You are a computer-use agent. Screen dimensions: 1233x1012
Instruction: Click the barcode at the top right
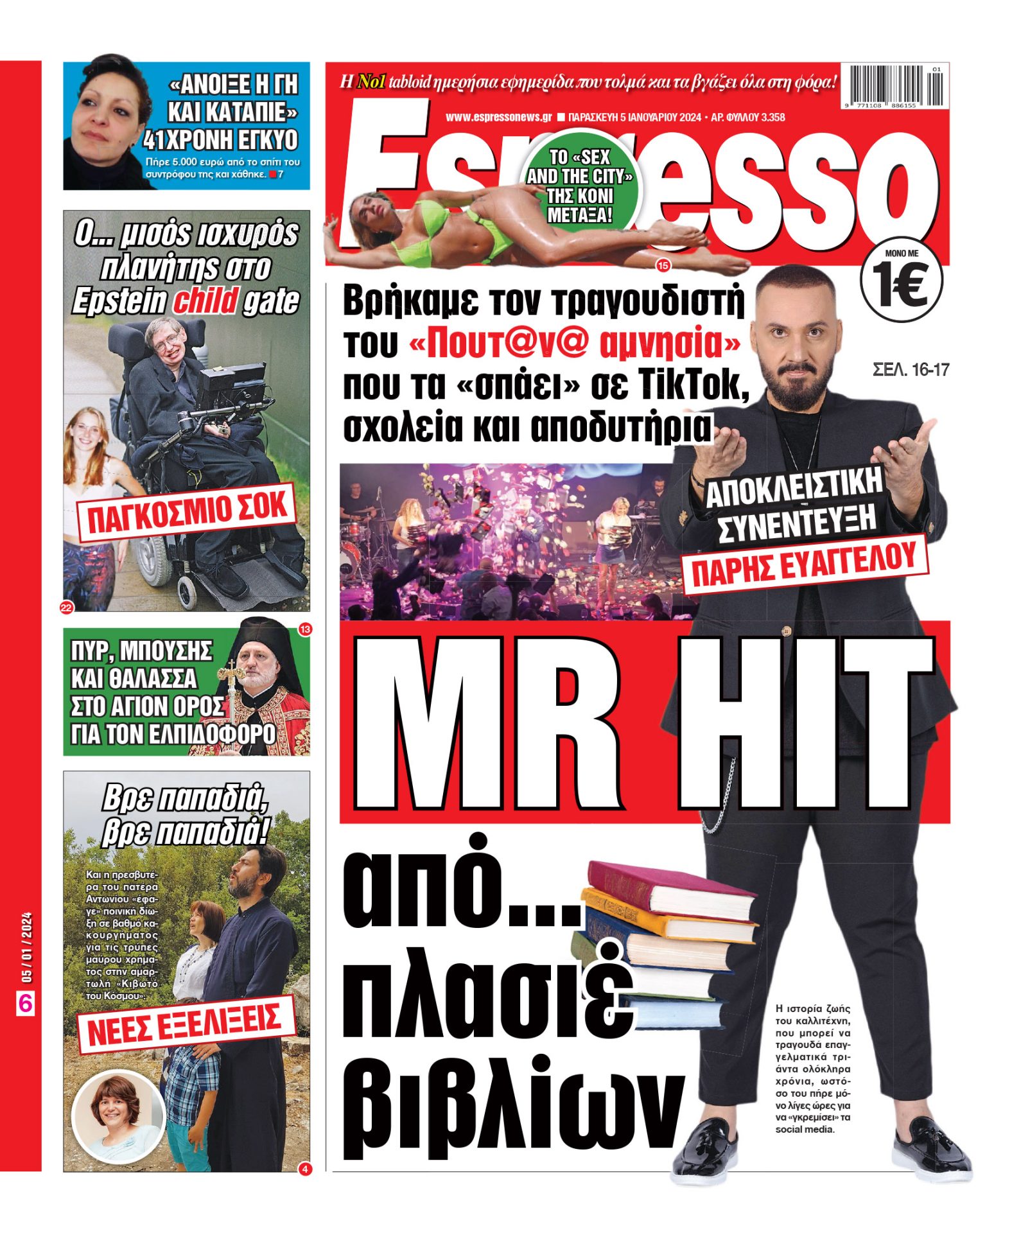[x=895, y=85]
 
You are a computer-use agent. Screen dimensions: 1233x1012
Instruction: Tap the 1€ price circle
[x=901, y=281]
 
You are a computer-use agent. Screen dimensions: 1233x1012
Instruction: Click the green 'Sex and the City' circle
[x=580, y=186]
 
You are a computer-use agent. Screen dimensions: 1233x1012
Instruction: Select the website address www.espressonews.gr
[x=498, y=118]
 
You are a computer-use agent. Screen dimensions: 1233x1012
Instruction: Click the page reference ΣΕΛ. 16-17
[x=910, y=370]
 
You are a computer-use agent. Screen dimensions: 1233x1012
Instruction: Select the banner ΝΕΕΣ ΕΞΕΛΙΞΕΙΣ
[x=185, y=1024]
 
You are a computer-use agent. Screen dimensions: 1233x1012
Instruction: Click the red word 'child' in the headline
[x=205, y=301]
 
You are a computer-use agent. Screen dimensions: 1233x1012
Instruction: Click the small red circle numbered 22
[x=67, y=608]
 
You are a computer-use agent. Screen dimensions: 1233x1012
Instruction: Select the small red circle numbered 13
[x=304, y=629]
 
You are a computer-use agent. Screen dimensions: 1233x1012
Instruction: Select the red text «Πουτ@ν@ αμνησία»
[x=574, y=344]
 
